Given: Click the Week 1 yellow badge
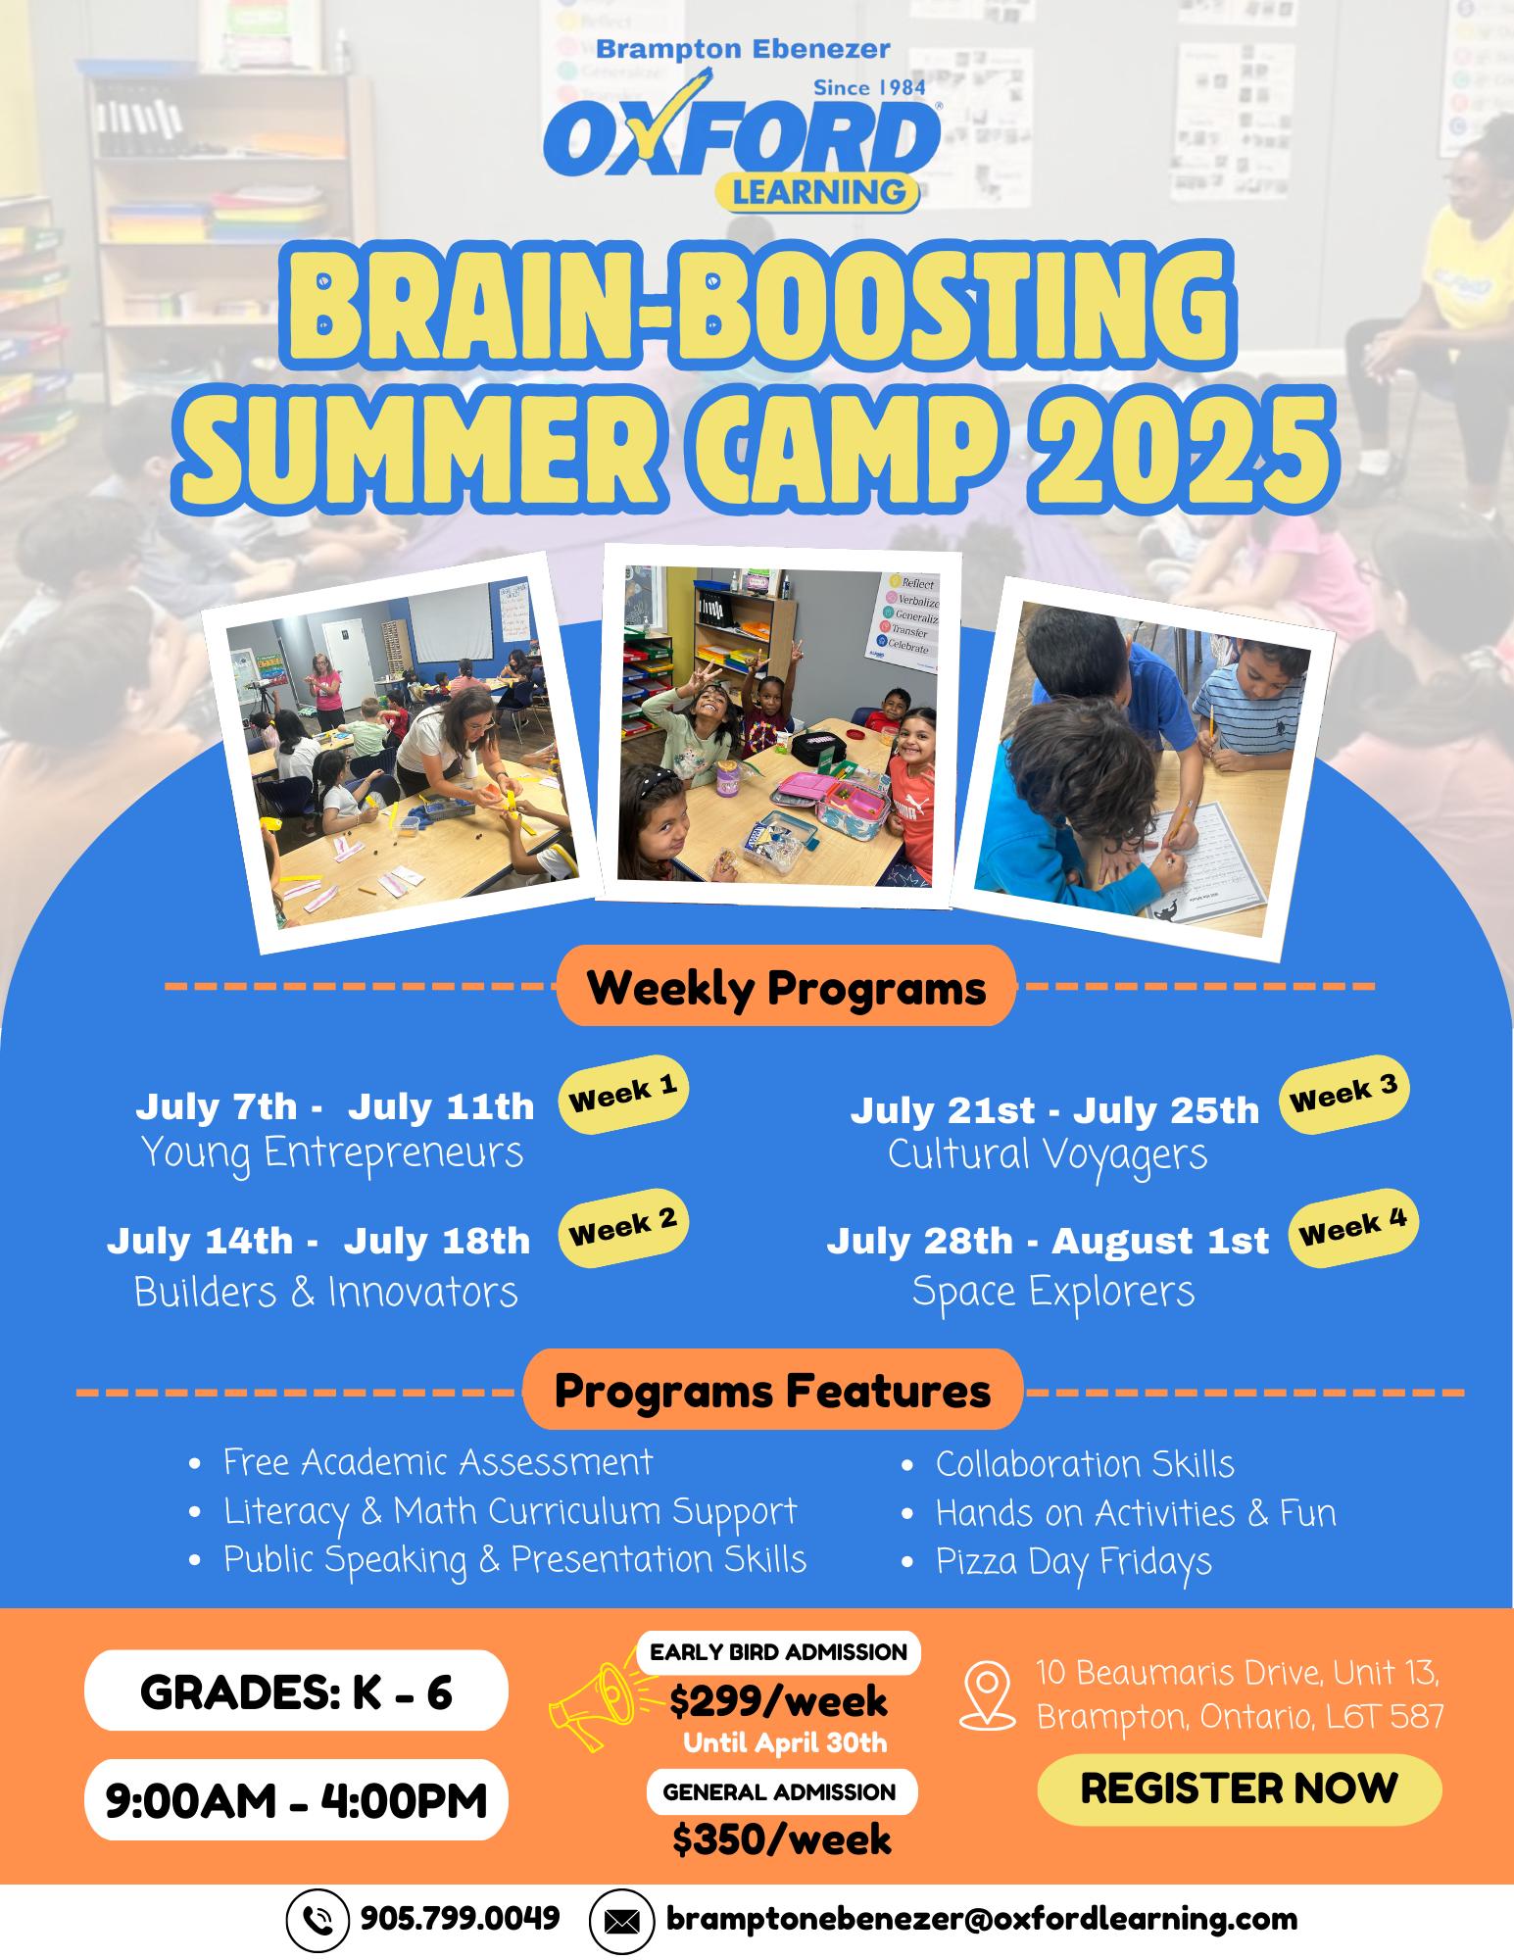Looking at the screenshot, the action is click(x=623, y=1095).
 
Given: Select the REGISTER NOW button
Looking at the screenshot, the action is click(x=1240, y=1788).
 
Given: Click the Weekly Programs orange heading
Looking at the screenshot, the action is click(x=786, y=988).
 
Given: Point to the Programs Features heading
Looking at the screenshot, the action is click(x=773, y=1390).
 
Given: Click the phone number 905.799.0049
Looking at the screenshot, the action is click(x=461, y=1918).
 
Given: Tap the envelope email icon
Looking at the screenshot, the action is click(x=621, y=1921).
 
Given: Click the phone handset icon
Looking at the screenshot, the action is click(x=317, y=1921).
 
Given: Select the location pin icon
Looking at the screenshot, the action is click(x=988, y=1696).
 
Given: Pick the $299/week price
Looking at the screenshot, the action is click(x=779, y=1701).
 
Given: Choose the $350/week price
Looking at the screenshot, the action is click(x=782, y=1839).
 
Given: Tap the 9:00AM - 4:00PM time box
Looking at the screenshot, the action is click(x=297, y=1801).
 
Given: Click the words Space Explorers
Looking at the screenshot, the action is click(x=1053, y=1291).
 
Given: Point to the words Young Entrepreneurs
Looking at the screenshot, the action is click(x=332, y=1152).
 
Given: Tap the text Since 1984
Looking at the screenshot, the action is click(x=870, y=87).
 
